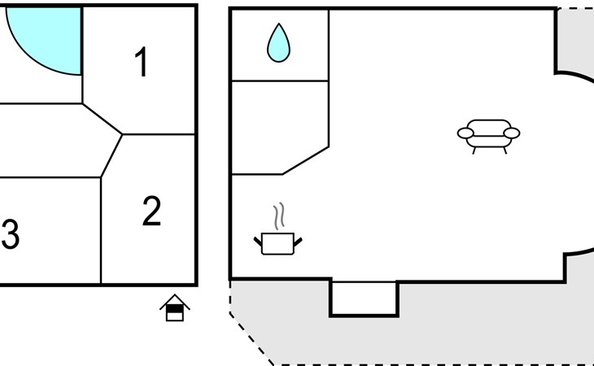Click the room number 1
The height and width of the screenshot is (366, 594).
(x=142, y=62)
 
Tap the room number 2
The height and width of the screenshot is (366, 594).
(x=151, y=211)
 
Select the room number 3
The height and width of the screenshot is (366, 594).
(x=11, y=235)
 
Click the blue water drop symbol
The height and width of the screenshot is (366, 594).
(x=278, y=43)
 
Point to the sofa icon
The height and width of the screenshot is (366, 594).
(x=489, y=137)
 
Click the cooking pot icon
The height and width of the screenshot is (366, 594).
(x=278, y=244)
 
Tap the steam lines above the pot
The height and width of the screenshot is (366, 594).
(x=279, y=216)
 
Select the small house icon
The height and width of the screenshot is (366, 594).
(x=175, y=307)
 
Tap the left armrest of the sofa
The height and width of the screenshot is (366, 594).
(x=465, y=133)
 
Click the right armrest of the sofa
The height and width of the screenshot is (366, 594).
(x=512, y=133)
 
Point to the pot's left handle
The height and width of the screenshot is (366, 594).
(x=258, y=242)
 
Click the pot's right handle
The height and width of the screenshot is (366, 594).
(x=298, y=242)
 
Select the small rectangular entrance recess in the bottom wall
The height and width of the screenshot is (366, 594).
(x=364, y=298)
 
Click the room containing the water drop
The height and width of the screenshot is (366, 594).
(x=280, y=46)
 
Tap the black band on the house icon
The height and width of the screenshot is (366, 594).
(x=175, y=309)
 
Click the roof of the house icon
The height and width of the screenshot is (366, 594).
(x=175, y=301)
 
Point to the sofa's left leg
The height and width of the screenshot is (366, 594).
(x=474, y=150)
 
